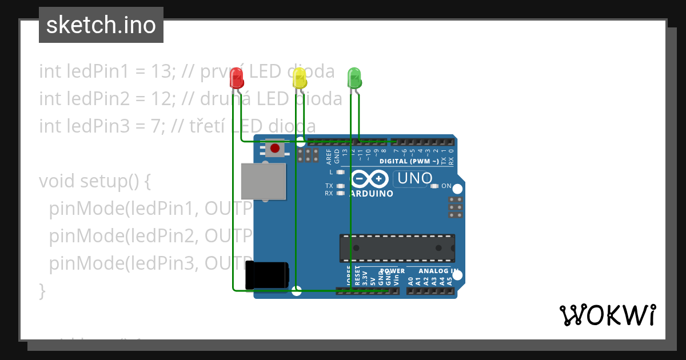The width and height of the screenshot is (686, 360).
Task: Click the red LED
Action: [x=237, y=78]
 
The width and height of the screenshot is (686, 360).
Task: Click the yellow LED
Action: [x=299, y=78]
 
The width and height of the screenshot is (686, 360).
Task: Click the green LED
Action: [x=354, y=77]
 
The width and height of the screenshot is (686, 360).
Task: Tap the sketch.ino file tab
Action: [x=101, y=25]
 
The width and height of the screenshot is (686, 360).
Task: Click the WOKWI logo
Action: [x=607, y=315]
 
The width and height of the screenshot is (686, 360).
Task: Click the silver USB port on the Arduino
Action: [x=263, y=182]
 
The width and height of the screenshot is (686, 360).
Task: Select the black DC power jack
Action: [x=267, y=275]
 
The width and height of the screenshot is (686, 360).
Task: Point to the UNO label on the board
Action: [x=414, y=178]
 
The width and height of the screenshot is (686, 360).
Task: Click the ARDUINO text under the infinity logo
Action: [x=372, y=193]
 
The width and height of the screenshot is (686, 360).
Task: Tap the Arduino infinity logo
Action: [x=369, y=179]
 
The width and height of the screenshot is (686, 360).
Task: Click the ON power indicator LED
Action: [x=434, y=186]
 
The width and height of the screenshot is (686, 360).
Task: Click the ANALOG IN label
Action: [x=438, y=271]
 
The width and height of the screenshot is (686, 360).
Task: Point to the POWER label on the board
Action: [x=392, y=271]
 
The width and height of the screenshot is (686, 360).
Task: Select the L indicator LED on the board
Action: [x=341, y=172]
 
